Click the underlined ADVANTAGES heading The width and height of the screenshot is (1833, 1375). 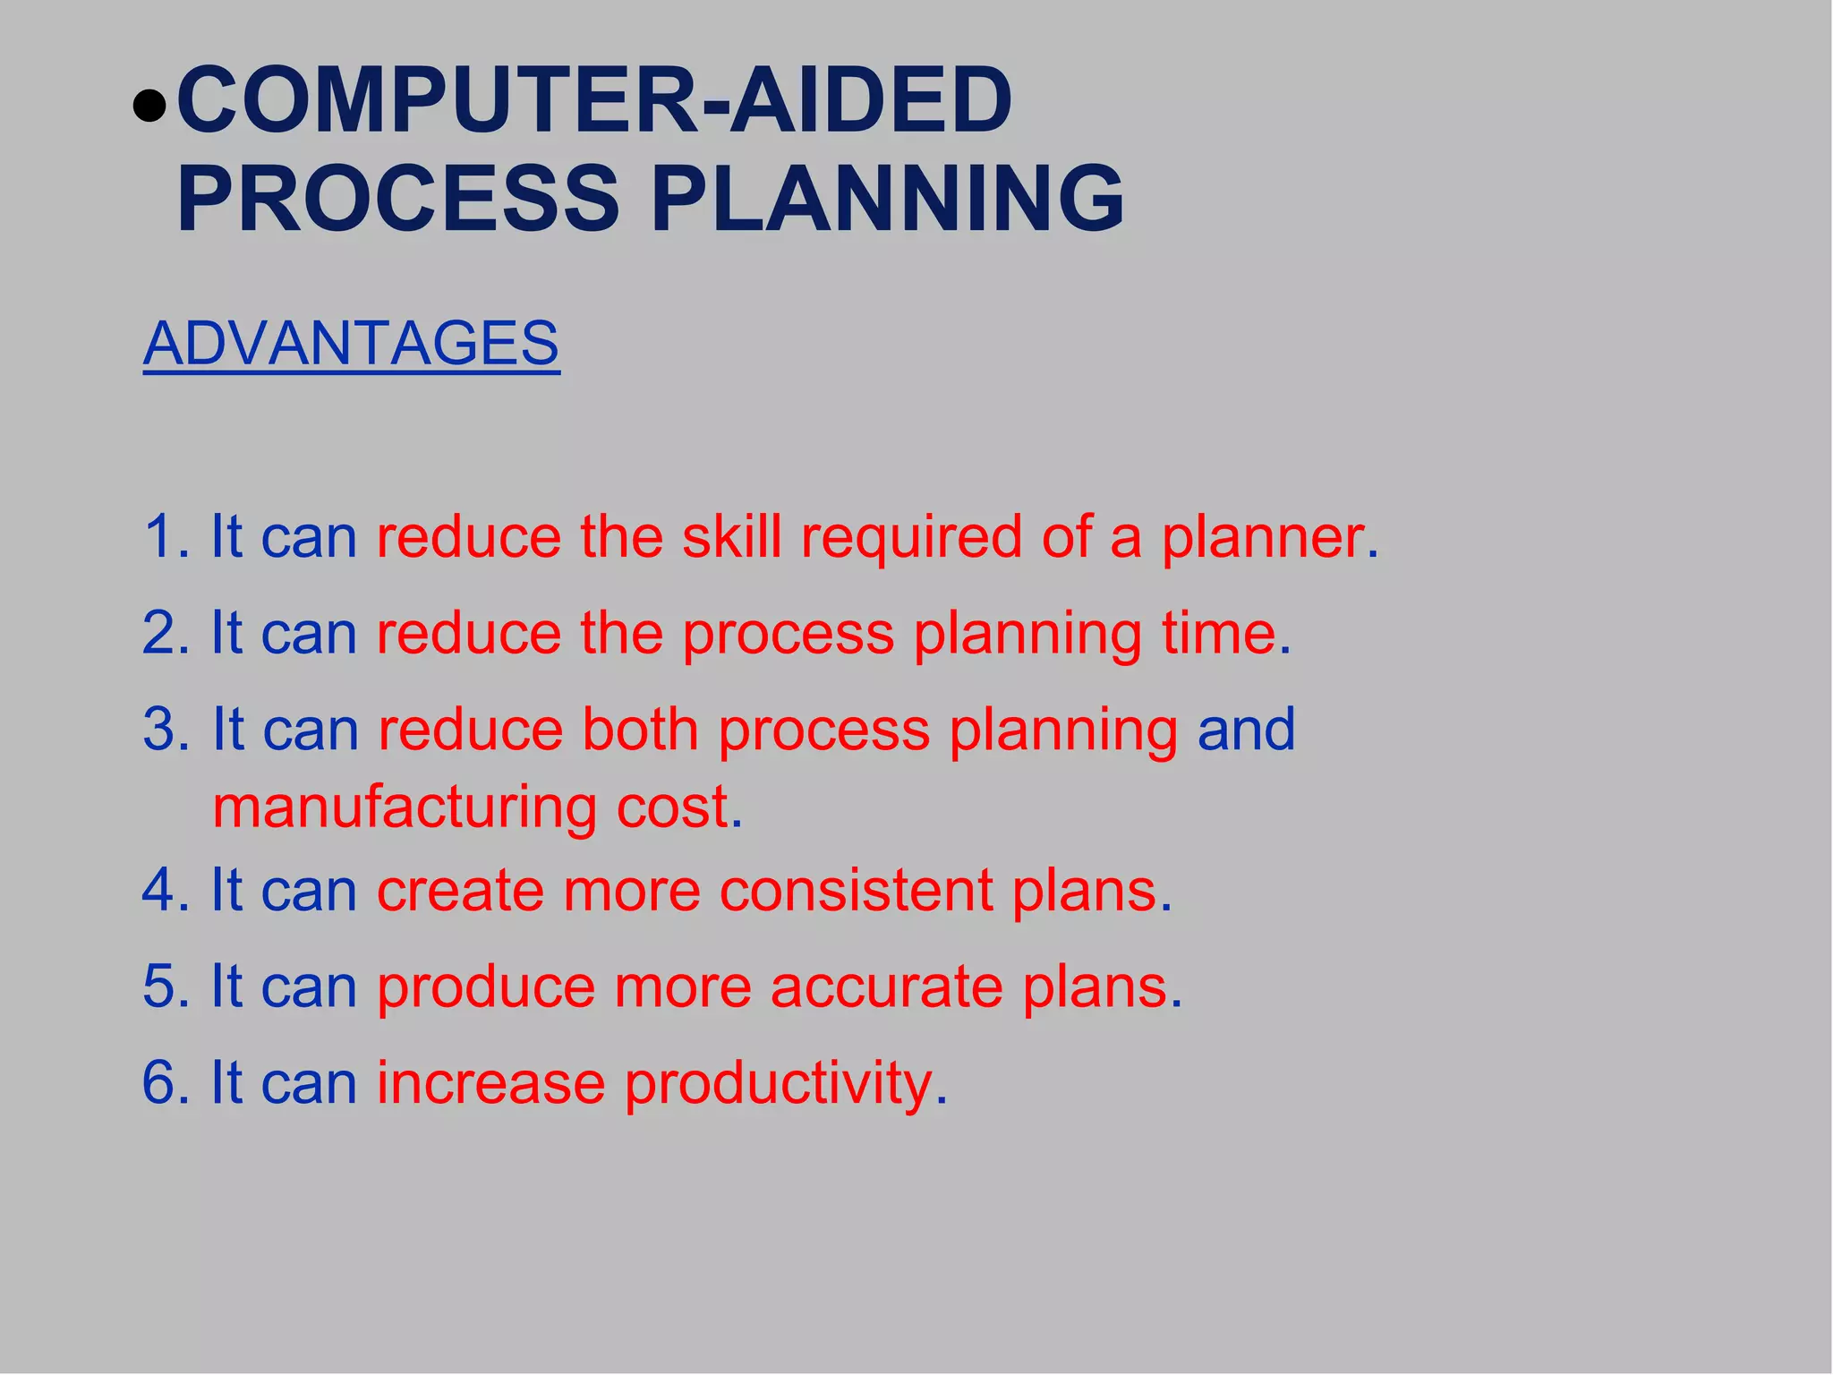(x=351, y=343)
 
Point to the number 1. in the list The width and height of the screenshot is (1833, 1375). (x=166, y=537)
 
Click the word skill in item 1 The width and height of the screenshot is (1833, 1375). (x=731, y=537)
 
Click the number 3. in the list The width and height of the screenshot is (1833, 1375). (x=166, y=729)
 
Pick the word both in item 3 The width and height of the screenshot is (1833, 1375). (x=639, y=729)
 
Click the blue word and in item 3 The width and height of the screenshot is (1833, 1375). (x=1246, y=729)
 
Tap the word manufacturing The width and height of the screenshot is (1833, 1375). (x=404, y=807)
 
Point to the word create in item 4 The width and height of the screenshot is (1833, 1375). (x=459, y=891)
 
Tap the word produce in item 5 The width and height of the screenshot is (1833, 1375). (x=486, y=988)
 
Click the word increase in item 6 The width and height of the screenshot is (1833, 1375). (x=490, y=1083)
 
